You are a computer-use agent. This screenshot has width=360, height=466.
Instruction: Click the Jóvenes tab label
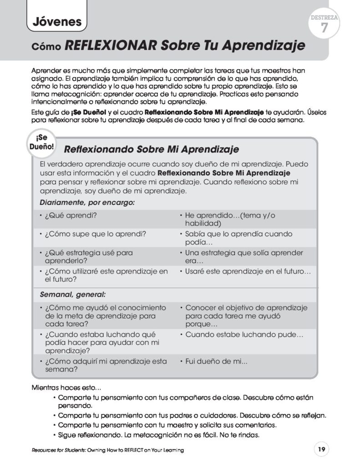57,21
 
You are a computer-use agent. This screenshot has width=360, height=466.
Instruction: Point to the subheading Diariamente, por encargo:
87,202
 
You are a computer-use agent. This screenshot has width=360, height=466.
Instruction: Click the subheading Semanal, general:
73,294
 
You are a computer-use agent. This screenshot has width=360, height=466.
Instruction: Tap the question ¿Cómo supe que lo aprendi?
95,234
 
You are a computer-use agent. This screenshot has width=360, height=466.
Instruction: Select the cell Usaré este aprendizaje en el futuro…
248,271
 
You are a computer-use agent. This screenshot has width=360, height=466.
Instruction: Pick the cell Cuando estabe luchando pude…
244,334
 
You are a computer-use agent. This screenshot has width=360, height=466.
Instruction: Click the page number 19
321,450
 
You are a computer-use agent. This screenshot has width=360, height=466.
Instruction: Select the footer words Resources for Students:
56,450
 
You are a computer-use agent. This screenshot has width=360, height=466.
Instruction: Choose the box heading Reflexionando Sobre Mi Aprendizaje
152,149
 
